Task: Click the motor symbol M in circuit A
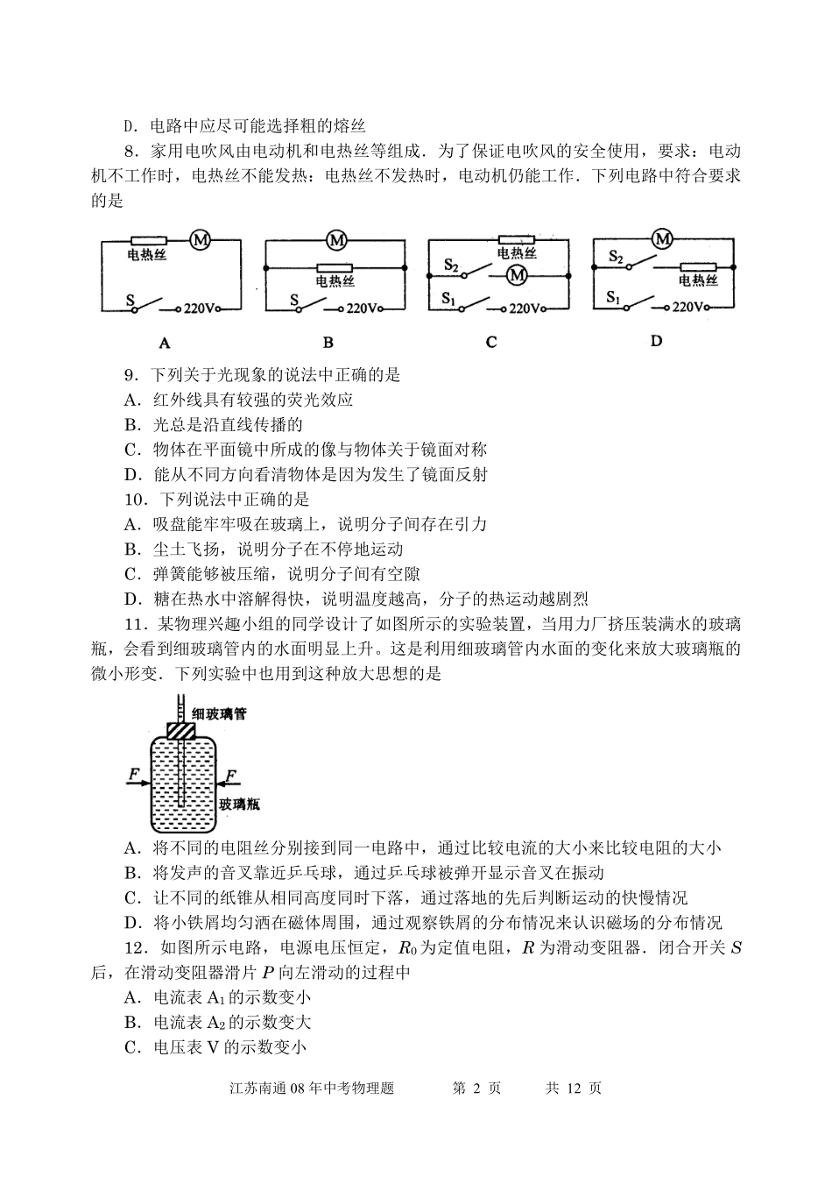coord(201,239)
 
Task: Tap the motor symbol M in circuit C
coord(517,275)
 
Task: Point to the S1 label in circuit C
coord(450,298)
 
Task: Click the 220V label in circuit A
coord(201,308)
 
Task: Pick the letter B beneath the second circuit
coord(328,343)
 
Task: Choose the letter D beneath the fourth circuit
coord(657,341)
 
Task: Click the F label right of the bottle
coord(230,775)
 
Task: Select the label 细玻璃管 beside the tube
coord(219,714)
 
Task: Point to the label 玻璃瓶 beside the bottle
coord(239,804)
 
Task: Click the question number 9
coord(130,376)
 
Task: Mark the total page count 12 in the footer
coord(574,1088)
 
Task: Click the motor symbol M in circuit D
coord(663,238)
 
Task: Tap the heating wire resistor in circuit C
coord(516,239)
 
